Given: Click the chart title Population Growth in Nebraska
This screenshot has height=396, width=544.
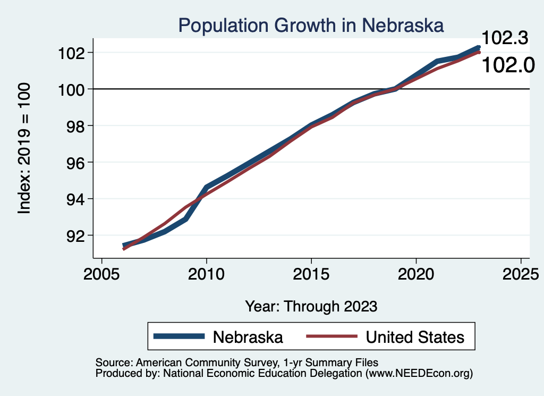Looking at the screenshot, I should pyautogui.click(x=311, y=25).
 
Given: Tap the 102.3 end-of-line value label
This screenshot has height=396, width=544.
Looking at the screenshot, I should pyautogui.click(x=505, y=39).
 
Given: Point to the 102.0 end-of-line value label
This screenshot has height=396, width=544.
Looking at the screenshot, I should pyautogui.click(x=507, y=65).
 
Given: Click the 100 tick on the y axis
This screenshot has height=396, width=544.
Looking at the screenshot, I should pyautogui.click(x=76, y=89).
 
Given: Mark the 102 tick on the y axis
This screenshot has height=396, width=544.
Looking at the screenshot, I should pyautogui.click(x=76, y=53).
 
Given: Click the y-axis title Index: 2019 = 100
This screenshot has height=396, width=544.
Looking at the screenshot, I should pyautogui.click(x=24, y=148).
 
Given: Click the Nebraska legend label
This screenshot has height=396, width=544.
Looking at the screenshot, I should pyautogui.click(x=248, y=336).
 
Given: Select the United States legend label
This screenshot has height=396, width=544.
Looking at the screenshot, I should pyautogui.click(x=415, y=336).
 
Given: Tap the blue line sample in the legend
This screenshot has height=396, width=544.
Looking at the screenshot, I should pyautogui.click(x=179, y=336).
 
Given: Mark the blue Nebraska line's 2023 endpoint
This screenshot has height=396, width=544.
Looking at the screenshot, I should pyautogui.click(x=478, y=47).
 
